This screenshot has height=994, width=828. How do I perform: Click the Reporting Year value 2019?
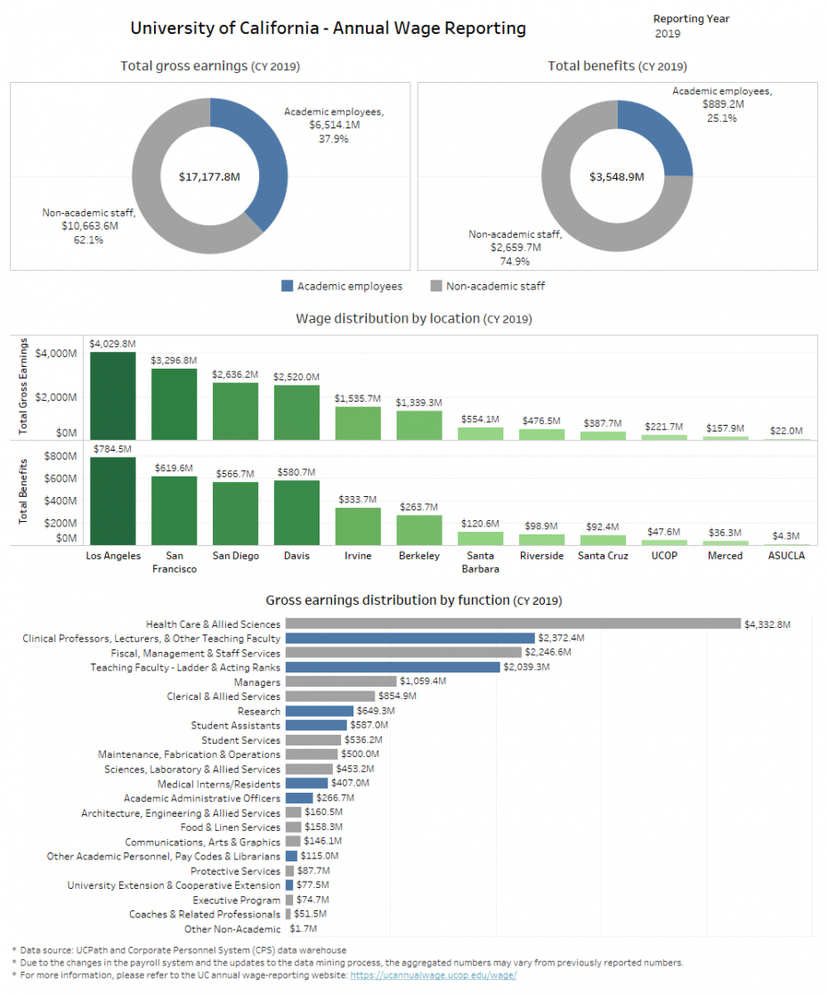click(668, 34)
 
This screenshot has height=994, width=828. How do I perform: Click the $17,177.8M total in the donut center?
click(209, 177)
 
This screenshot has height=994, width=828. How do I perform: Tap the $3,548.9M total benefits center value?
click(616, 177)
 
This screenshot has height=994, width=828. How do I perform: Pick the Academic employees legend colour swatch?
click(287, 287)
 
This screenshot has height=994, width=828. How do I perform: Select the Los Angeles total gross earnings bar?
click(112, 395)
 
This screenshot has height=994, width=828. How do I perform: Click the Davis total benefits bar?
click(296, 512)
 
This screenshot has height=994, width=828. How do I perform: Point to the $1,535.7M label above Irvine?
click(358, 398)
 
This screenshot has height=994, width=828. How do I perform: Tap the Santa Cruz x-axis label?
click(603, 556)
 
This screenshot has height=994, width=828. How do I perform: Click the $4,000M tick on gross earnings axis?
click(55, 354)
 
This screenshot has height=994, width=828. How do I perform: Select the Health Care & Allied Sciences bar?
click(512, 624)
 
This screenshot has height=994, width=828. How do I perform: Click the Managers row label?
click(256, 682)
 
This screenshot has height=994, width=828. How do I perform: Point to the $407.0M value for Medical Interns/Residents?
click(350, 784)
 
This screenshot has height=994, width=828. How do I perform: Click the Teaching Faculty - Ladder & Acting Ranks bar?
click(392, 667)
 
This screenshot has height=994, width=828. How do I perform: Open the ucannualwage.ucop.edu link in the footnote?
click(433, 975)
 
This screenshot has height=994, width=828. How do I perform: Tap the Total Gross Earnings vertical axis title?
click(24, 387)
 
